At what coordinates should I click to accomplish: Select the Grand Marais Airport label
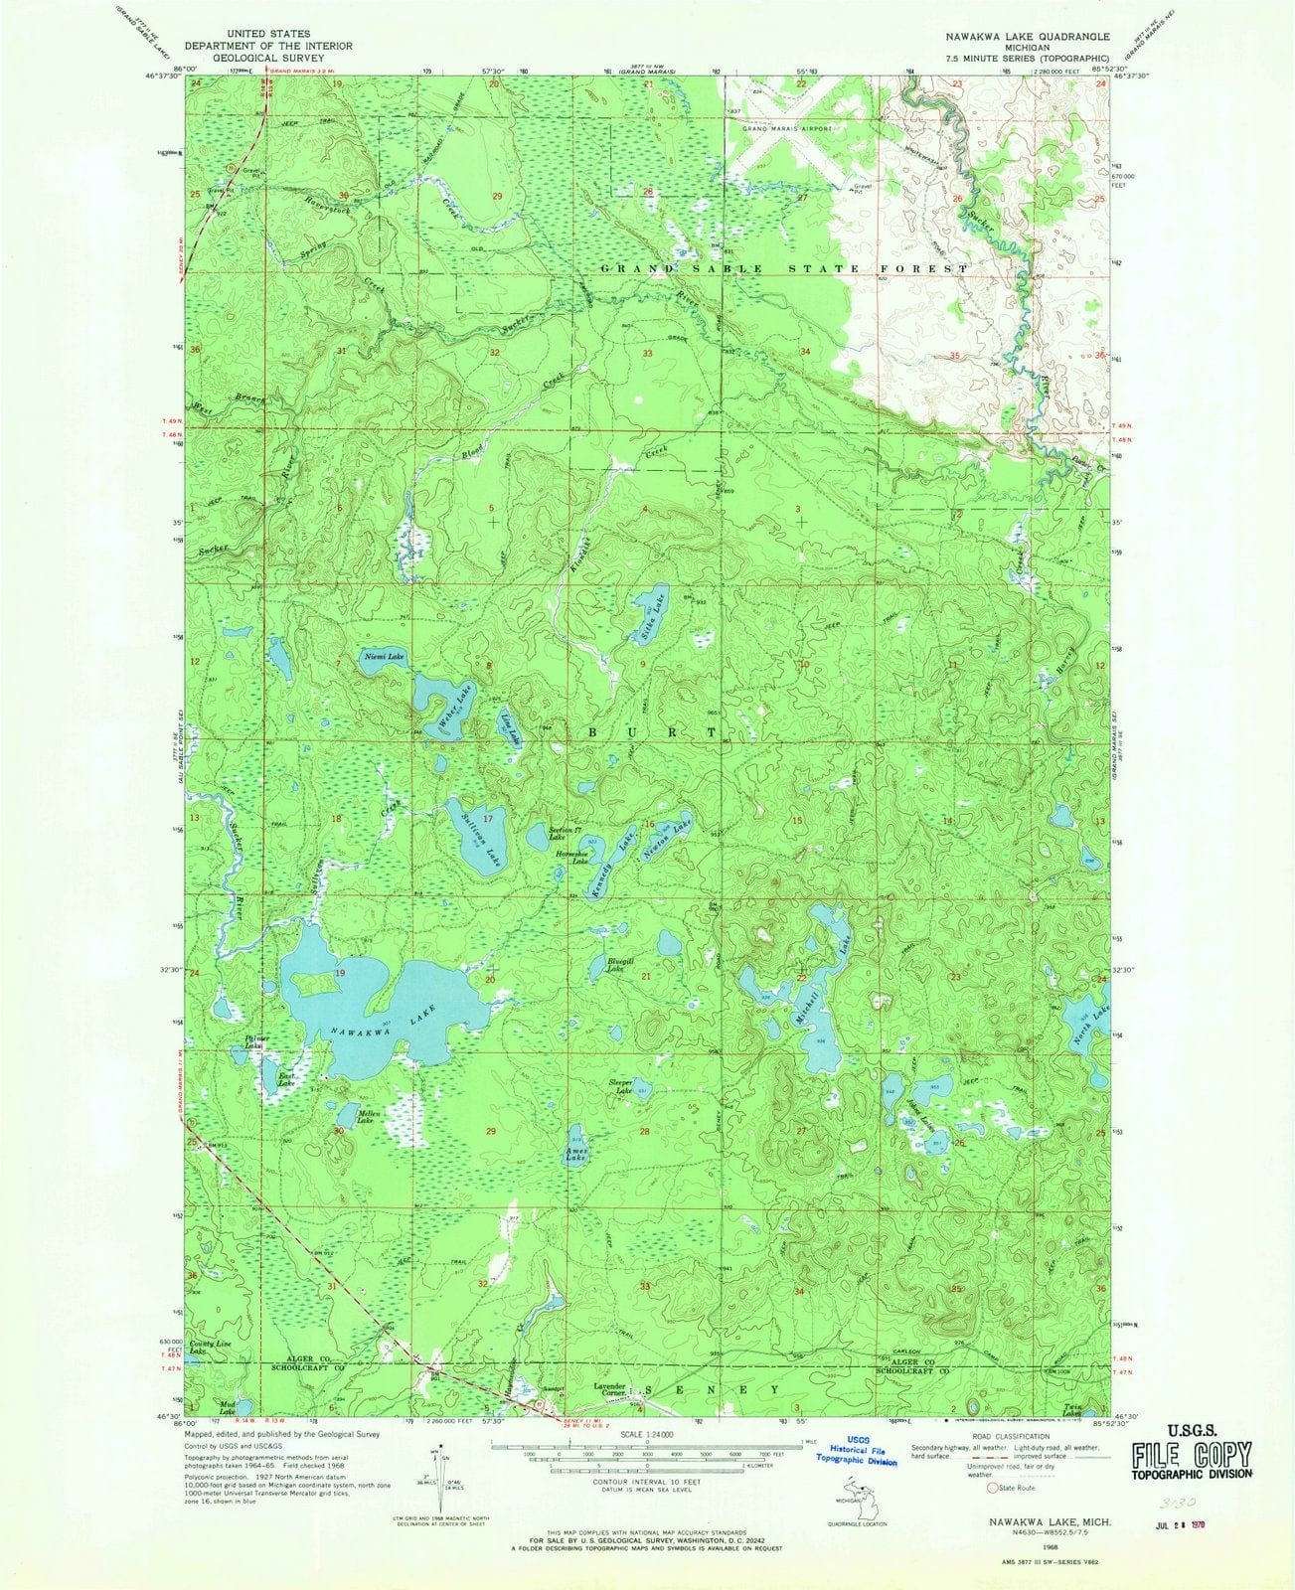784,129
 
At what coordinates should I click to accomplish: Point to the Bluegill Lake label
614,963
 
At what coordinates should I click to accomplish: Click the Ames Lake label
575,1154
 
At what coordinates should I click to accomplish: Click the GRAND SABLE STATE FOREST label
784,269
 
